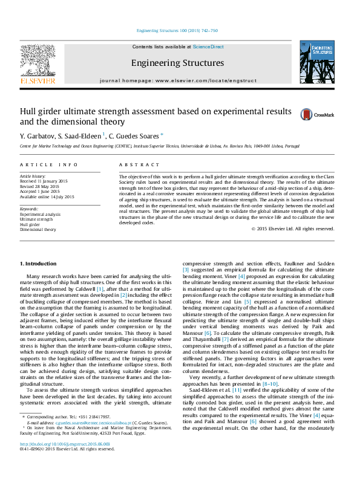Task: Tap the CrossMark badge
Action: [313, 114]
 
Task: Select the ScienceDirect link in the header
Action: [209, 47]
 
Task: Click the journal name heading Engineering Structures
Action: [177, 63]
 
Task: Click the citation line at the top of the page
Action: [177, 30]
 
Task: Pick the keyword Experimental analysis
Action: [40, 214]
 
